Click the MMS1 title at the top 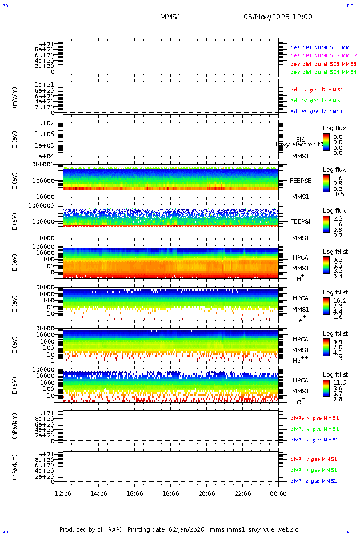[170, 17]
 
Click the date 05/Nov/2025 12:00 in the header [278, 17]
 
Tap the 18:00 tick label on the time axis [170, 493]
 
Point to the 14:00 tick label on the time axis [99, 493]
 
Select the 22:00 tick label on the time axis [242, 493]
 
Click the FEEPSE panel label [300, 180]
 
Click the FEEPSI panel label [300, 221]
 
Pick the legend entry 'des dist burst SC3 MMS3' [323, 64]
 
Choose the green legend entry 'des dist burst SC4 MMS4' [323, 73]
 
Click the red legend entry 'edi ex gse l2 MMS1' [317, 90]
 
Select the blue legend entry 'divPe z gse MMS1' [314, 440]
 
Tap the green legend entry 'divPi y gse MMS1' [314, 470]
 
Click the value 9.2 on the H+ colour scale [338, 259]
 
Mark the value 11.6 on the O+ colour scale [339, 382]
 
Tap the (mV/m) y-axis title [15, 98]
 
